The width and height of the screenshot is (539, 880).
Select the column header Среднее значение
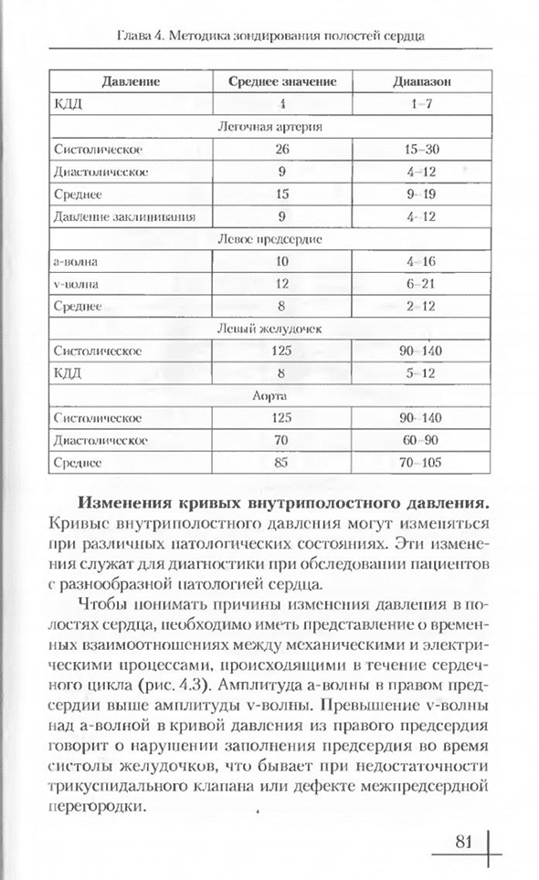[281, 80]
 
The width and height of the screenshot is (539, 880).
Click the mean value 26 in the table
[281, 148]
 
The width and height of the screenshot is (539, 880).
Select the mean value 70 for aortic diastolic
[281, 441]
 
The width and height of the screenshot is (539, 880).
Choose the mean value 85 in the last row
[281, 463]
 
